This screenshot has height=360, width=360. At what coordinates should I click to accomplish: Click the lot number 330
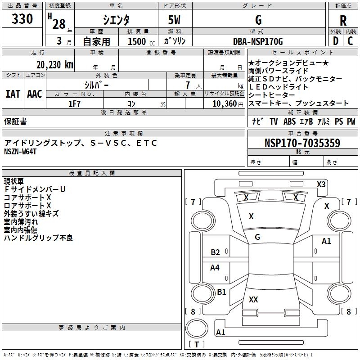22,19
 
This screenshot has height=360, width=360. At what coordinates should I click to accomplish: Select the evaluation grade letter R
343,21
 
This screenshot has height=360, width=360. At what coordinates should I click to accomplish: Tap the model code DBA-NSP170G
258,42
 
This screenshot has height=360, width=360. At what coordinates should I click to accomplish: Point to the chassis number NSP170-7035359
302,143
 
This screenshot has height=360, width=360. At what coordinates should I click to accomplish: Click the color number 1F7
74,103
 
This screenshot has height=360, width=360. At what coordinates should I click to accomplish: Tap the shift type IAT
13,94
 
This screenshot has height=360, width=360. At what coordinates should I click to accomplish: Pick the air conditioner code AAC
35,94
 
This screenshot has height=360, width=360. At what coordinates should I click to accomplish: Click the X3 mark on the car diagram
321,184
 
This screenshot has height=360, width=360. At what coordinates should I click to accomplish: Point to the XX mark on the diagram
253,299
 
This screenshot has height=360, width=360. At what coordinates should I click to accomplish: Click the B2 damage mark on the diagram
216,252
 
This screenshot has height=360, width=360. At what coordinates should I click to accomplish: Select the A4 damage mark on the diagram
215,268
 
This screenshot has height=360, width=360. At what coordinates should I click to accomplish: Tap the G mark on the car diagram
257,237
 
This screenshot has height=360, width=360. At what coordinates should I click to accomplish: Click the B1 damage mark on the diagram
221,292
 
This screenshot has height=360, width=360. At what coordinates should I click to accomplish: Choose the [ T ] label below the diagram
197,344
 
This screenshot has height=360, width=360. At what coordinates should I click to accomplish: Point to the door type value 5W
175,21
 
